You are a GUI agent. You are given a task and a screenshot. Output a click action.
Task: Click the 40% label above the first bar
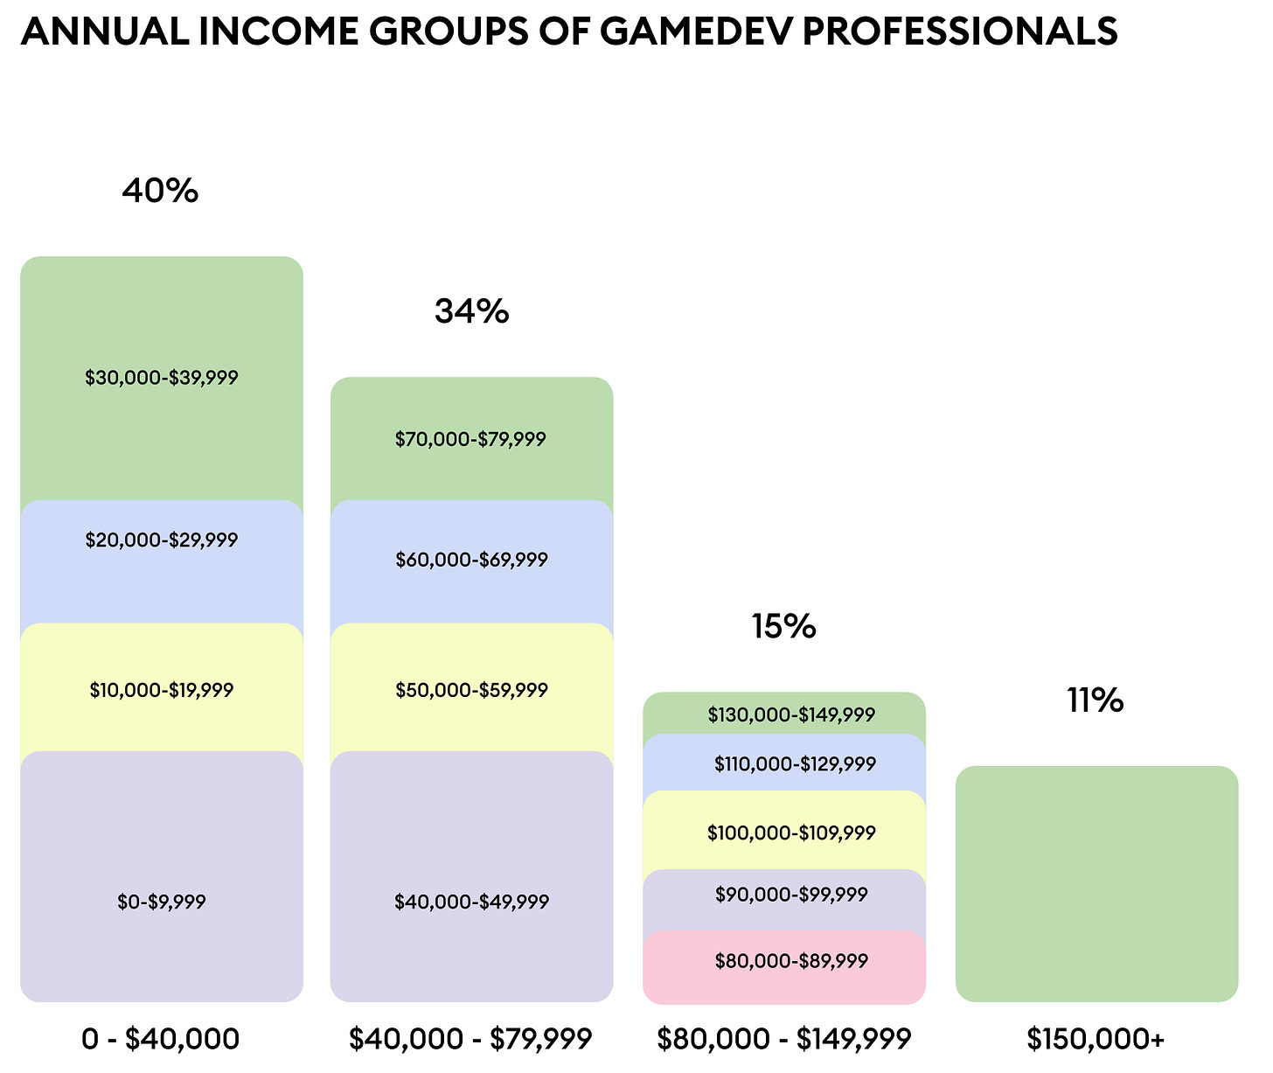160,191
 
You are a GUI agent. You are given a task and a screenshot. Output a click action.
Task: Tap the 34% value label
471,311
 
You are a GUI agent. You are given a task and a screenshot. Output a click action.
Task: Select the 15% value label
783,626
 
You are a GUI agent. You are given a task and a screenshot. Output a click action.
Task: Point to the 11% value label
1095,700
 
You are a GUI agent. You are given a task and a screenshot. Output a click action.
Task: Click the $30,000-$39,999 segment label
162,378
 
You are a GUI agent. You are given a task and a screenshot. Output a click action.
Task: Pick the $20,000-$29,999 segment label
162,540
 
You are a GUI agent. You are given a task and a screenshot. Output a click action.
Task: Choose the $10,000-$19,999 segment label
162,690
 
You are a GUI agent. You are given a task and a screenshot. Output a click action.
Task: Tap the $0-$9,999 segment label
162,902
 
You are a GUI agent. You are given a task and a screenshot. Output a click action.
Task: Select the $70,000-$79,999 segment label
470,439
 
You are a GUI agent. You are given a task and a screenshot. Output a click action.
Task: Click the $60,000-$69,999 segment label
471,560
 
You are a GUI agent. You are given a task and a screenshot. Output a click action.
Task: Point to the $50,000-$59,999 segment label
471,690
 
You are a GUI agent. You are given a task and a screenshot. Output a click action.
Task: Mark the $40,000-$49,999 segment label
471,902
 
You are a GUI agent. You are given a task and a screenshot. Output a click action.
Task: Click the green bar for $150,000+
1096,883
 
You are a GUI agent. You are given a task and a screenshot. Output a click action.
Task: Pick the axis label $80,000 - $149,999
784,1039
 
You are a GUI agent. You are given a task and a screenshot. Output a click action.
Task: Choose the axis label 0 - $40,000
160,1039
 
